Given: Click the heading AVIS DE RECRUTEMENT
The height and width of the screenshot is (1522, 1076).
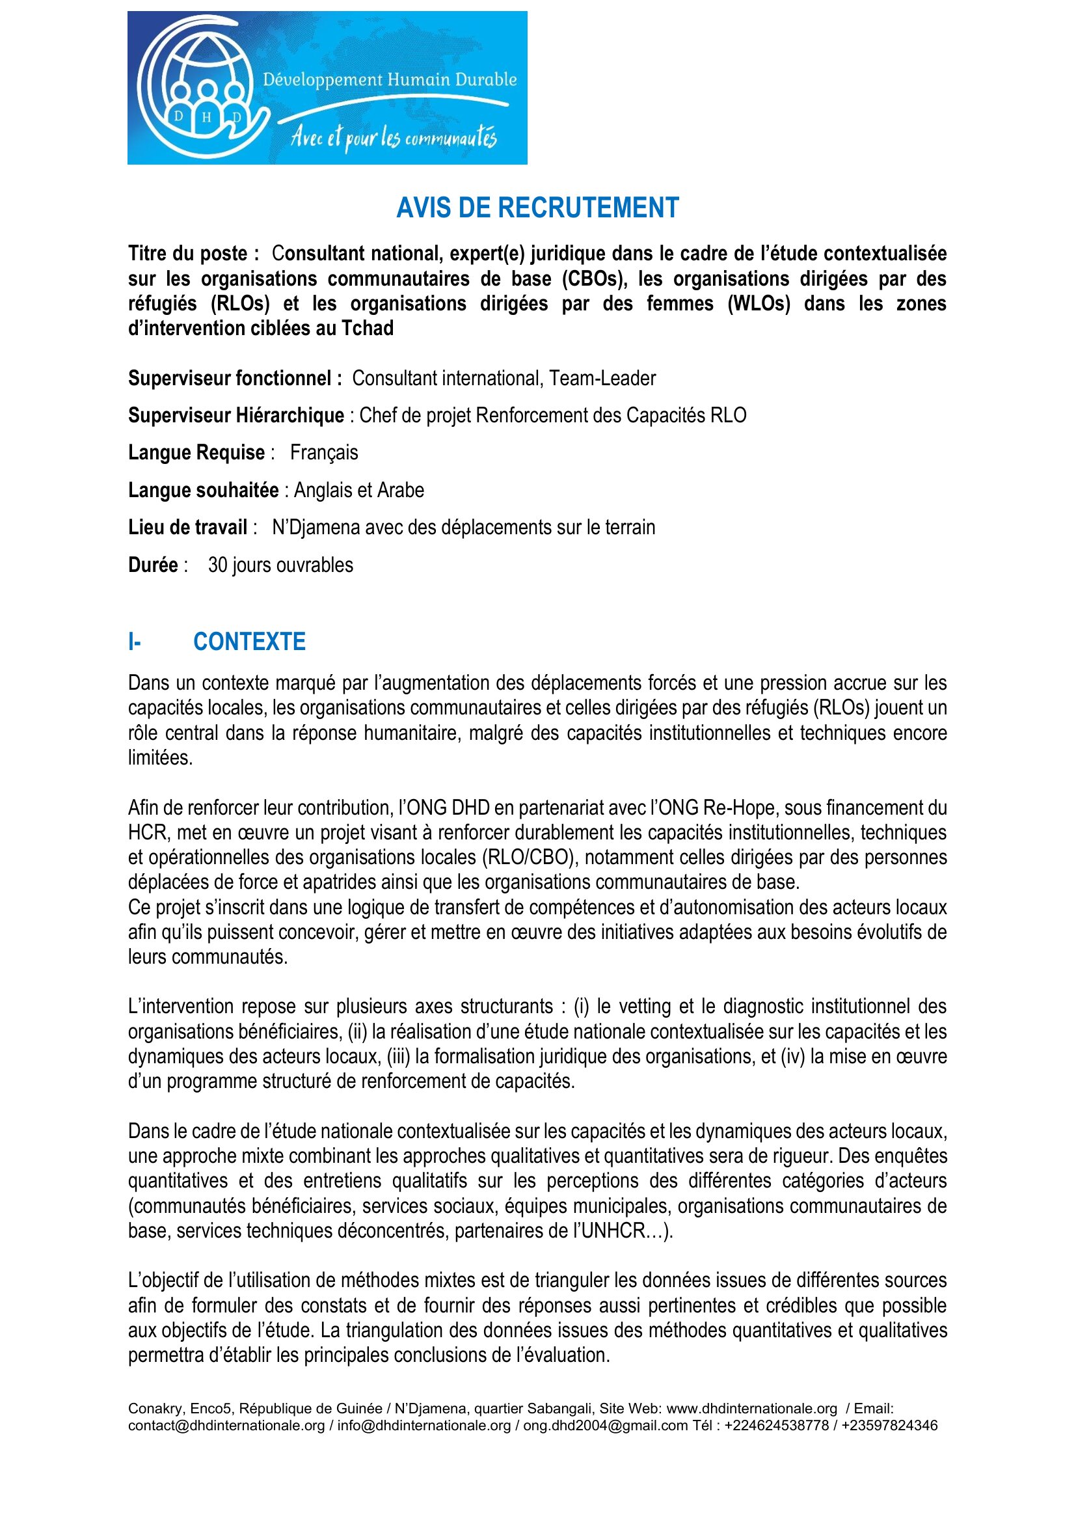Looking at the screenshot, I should (x=537, y=208).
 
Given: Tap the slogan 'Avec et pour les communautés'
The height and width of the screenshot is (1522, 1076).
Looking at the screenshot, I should (x=394, y=137).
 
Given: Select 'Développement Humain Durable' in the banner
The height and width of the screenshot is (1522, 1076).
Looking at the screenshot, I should (x=390, y=80).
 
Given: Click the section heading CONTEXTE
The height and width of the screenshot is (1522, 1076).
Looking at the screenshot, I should (x=249, y=642).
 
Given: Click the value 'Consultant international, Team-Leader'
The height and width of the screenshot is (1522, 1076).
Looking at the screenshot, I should (x=504, y=379).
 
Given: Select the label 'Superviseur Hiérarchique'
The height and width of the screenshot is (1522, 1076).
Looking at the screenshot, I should (x=236, y=416).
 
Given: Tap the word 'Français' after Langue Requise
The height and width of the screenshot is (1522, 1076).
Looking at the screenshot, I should (x=324, y=453).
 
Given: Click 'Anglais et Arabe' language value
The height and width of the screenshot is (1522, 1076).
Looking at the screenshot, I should (x=358, y=491).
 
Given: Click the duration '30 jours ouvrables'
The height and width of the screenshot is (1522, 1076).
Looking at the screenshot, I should (x=280, y=565).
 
